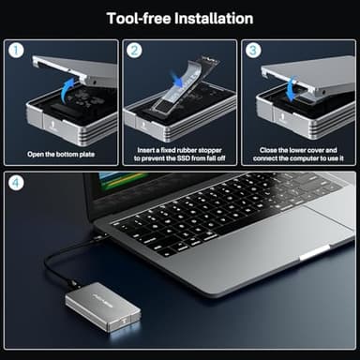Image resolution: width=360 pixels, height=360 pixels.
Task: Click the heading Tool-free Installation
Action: point(179,18)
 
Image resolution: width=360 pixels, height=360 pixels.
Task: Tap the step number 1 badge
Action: point(16,51)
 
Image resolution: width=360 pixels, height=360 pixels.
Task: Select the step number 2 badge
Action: point(135,51)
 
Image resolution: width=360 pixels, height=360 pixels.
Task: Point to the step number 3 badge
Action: point(253,51)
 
